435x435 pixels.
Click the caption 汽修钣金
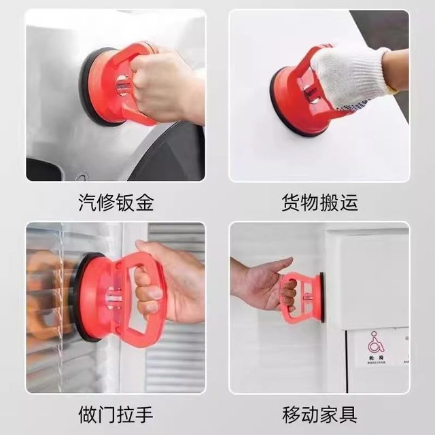[116, 202]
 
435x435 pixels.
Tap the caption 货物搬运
[319, 202]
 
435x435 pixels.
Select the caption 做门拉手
[116, 413]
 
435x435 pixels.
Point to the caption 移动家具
[319, 413]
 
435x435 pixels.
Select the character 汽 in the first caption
[87, 202]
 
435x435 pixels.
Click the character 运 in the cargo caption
[348, 202]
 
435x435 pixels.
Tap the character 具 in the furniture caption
[348, 413]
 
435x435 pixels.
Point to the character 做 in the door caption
[87, 413]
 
